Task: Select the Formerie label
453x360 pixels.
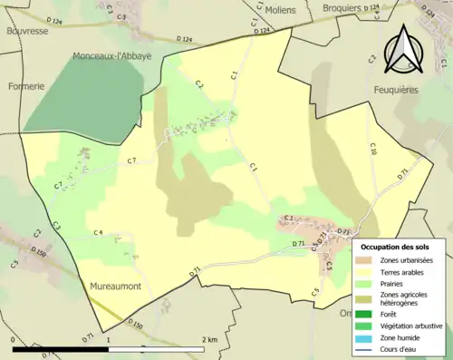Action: pos(26,87)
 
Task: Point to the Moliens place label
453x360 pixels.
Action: pos(281,9)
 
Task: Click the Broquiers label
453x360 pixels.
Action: pos(342,8)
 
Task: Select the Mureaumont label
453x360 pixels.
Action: pos(115,286)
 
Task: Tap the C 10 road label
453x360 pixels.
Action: pos(371,148)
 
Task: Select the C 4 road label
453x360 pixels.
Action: pos(98,233)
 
